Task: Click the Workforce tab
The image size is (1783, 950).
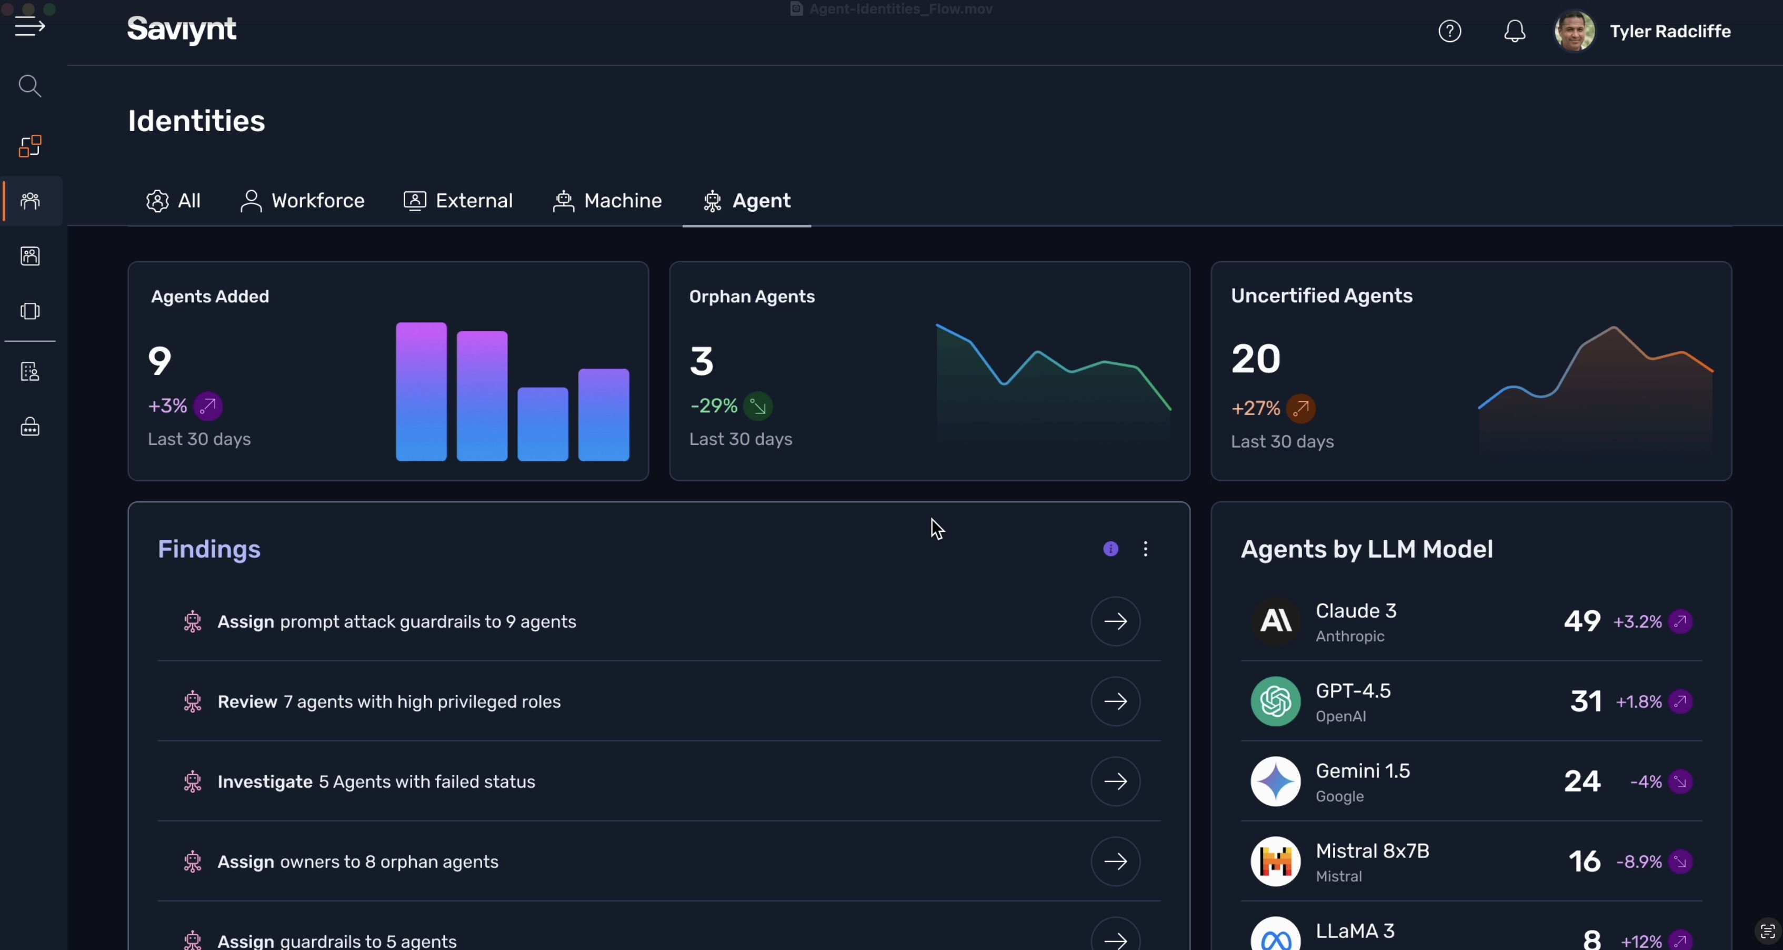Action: (303, 201)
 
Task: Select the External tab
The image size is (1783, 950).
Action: (458, 201)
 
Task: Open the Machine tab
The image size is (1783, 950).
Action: (607, 201)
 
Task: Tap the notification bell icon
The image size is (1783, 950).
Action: (1515, 31)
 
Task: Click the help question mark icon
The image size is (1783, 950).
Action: (1450, 31)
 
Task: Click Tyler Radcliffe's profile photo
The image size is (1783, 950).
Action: (1575, 31)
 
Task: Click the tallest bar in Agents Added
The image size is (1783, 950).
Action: (421, 391)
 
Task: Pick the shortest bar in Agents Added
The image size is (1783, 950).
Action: (543, 424)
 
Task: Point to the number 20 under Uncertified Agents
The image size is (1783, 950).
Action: (1256, 359)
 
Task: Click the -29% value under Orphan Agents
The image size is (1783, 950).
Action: (714, 406)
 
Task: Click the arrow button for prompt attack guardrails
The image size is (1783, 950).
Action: (1115, 621)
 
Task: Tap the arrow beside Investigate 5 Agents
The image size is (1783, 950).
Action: (1115, 781)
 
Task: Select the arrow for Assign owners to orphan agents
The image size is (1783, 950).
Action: (1115, 862)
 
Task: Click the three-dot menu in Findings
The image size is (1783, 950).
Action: (1146, 549)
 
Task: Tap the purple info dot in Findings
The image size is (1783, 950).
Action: (1111, 549)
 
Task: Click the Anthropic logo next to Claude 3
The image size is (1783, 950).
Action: (1276, 621)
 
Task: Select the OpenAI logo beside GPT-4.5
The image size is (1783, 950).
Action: (1276, 701)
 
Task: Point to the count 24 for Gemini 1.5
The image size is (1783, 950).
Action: (1582, 781)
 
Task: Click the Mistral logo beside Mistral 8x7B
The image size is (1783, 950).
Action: (1276, 862)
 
